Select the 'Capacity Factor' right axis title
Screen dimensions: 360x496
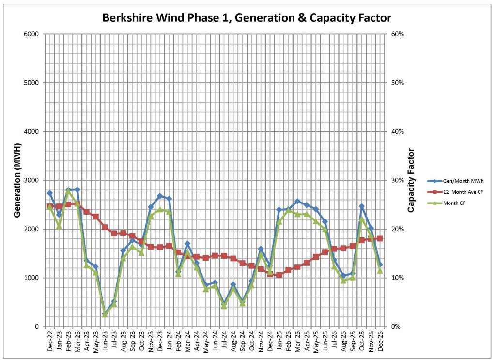411,180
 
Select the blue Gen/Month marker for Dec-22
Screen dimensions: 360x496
49,193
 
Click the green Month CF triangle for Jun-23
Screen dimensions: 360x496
105,315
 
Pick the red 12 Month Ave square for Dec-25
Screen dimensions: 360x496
380,238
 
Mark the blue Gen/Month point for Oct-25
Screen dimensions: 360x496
361,206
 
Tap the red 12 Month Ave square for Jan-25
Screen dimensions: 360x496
279,275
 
